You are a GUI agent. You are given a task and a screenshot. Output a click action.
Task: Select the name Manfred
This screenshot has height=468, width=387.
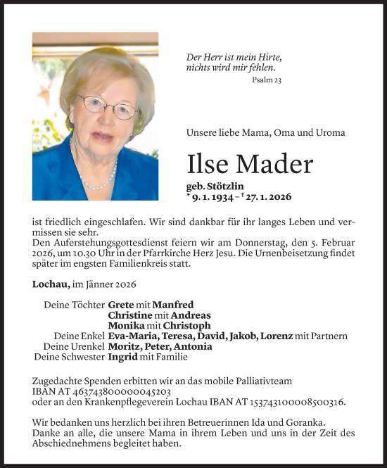click(172, 305)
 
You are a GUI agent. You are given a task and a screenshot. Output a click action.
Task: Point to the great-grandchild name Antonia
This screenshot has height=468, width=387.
click(192, 346)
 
